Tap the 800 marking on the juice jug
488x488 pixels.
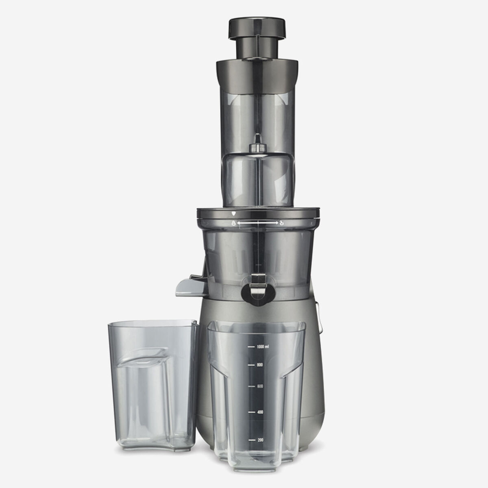(260, 365)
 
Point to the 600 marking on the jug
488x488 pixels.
(260, 386)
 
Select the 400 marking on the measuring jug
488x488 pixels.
(260, 412)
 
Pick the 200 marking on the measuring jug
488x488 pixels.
(260, 440)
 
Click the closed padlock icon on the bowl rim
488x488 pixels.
(233, 223)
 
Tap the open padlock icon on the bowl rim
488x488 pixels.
(281, 223)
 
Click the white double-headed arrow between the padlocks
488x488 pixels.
(257, 223)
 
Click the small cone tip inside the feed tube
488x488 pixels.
(256, 148)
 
